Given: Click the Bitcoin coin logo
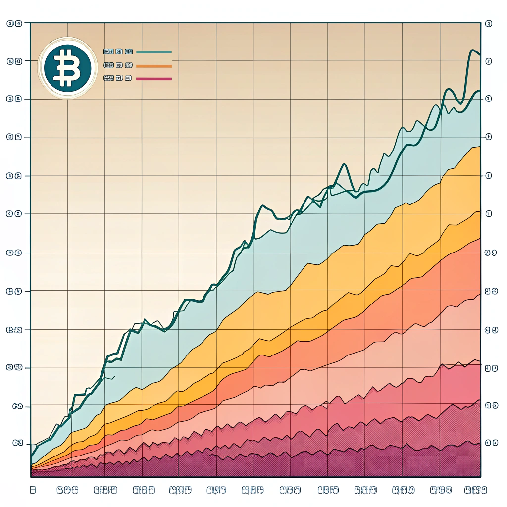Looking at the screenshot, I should pyautogui.click(x=67, y=67).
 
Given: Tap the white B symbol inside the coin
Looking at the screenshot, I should pyautogui.click(x=66, y=67).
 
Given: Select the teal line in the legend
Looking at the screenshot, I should pyautogui.click(x=153, y=51).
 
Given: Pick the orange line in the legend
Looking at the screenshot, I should pyautogui.click(x=153, y=65).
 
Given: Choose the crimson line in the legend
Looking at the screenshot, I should pyautogui.click(x=156, y=79).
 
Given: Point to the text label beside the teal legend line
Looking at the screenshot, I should pyautogui.click(x=118, y=51).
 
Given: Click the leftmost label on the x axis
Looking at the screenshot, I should pyautogui.click(x=33, y=490).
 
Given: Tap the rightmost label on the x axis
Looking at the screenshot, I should pyautogui.click(x=475, y=490).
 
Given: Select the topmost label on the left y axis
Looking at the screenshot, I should pyautogui.click(x=14, y=23).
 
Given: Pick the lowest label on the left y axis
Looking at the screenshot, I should pyautogui.click(x=17, y=443).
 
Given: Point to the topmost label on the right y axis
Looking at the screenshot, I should pyautogui.click(x=489, y=23).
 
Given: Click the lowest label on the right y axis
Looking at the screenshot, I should pyautogui.click(x=491, y=443).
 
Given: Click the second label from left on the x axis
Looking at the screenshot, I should pyautogui.click(x=68, y=490).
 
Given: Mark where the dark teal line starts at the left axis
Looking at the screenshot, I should pyautogui.click(x=31, y=456).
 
